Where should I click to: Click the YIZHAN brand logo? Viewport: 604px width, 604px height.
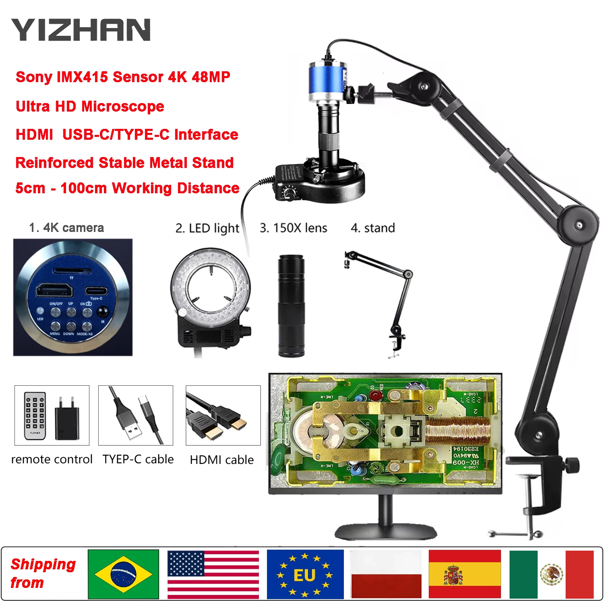click(81, 30)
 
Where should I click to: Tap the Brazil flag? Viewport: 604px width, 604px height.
click(123, 574)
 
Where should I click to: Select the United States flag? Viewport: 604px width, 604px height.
click(213, 574)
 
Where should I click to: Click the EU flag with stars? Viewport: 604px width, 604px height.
click(305, 574)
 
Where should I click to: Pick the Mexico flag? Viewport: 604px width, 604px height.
click(551, 574)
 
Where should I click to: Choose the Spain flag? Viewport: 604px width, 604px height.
click(464, 574)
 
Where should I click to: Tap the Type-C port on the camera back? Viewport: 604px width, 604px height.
click(96, 291)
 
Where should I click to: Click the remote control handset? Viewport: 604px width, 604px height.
click(35, 416)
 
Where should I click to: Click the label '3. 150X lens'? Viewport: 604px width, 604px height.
click(293, 228)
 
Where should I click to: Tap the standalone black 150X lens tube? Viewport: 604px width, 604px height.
click(291, 306)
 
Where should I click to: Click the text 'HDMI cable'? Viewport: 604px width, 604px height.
click(222, 460)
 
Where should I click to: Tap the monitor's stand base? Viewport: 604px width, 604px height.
click(386, 531)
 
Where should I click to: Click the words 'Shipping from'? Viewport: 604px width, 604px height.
click(43, 573)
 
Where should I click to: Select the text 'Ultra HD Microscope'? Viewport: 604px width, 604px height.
click(90, 106)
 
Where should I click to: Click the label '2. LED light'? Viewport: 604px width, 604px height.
click(207, 228)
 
